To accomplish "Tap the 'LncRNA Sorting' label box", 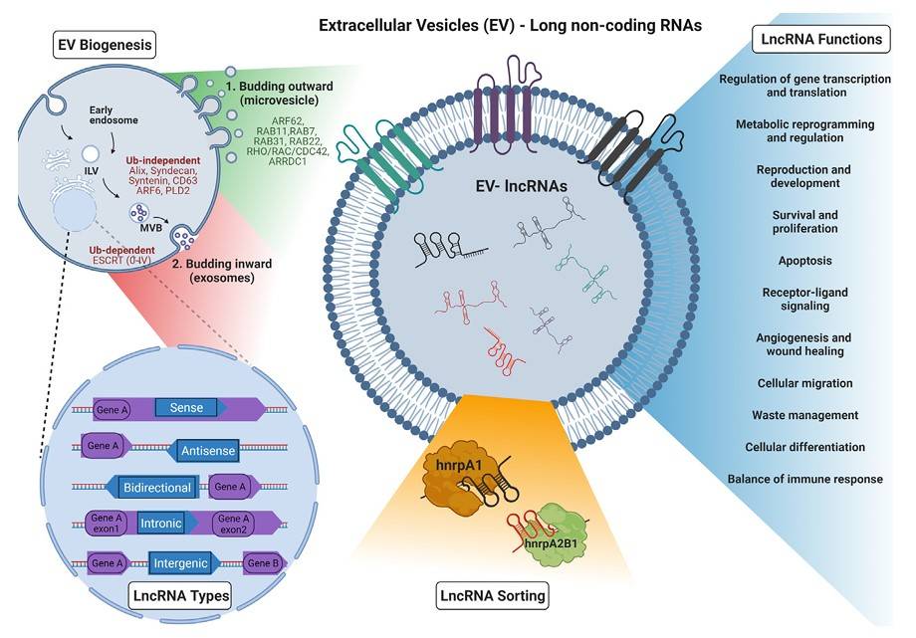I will point(493,597).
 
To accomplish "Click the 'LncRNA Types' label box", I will point(180,597).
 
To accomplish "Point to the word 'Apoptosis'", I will point(805,261).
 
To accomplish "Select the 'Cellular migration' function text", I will point(805,383).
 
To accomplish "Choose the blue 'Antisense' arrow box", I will point(207,451).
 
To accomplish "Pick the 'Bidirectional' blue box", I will point(161,487).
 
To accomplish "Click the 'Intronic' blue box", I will point(162,525).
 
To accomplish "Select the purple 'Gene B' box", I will point(265,563).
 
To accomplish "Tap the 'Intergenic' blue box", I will point(179,563).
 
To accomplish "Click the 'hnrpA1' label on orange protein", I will point(458,464).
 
